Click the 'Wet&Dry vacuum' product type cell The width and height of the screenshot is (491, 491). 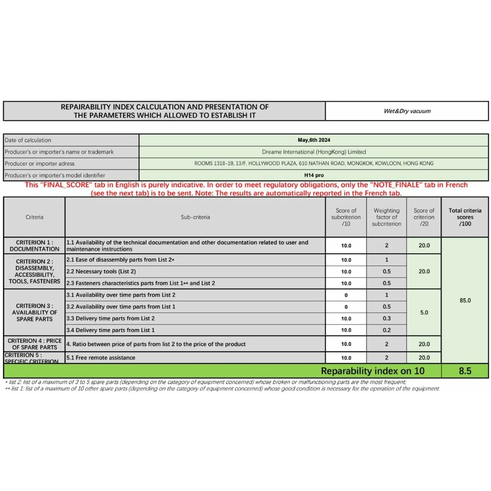pyautogui.click(x=407, y=111)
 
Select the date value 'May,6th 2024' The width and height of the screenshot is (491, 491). pyautogui.click(x=314, y=140)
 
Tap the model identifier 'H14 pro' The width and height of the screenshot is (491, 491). pyautogui.click(x=314, y=175)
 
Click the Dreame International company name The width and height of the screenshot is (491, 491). pyautogui.click(x=314, y=152)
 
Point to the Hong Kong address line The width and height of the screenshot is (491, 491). pyautogui.click(x=314, y=163)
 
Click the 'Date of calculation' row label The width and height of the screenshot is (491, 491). pyautogui.click(x=28, y=140)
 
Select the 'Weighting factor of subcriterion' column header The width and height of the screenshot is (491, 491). pyautogui.click(x=386, y=217)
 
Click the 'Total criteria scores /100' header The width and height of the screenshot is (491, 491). pyautogui.click(x=465, y=217)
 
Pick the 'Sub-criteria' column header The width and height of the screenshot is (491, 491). pyautogui.click(x=195, y=217)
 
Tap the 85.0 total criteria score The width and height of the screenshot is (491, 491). pyautogui.click(x=465, y=300)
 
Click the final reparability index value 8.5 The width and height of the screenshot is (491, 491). pyautogui.click(x=465, y=371)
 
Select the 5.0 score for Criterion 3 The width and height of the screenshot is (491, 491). pyautogui.click(x=424, y=313)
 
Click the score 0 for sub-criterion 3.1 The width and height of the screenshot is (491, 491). pyautogui.click(x=346, y=295)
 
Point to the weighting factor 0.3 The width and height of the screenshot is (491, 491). pyautogui.click(x=386, y=318)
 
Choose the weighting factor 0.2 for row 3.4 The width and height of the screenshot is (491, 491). pyautogui.click(x=386, y=330)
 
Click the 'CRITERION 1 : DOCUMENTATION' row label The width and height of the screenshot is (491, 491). pyautogui.click(x=34, y=245)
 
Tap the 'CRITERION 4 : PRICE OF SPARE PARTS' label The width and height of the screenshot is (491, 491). pyautogui.click(x=34, y=344)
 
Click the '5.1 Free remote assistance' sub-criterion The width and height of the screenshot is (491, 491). pyautogui.click(x=101, y=358)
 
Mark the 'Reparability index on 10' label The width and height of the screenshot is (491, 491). pyautogui.click(x=372, y=371)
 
